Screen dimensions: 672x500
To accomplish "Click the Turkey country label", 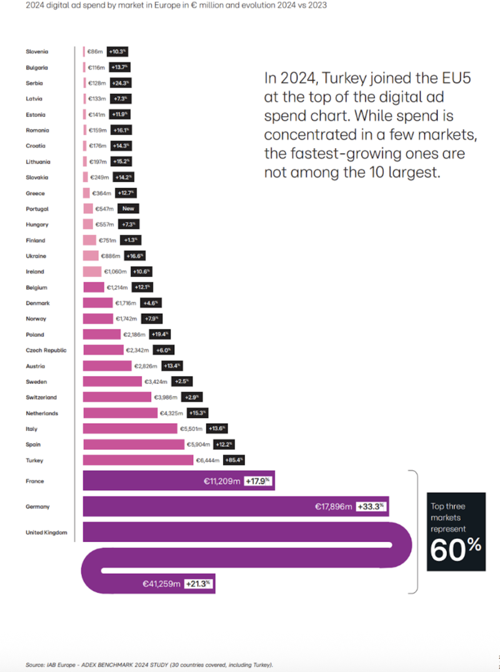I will pos(34,460).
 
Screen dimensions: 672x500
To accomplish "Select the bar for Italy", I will pos(130,429).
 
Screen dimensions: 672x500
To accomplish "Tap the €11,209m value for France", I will pos(222,481).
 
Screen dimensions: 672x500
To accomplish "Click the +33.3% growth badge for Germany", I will pos(372,506).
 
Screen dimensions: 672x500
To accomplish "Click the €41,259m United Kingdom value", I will pos(161,584).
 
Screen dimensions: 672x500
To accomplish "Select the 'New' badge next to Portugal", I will pos(128,209).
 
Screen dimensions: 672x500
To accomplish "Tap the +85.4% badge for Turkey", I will pos(234,460).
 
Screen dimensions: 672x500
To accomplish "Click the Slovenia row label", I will pos(37,52).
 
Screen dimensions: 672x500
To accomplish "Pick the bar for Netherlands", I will pos(120,413).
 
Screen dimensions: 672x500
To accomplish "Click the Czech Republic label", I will pos(46,350).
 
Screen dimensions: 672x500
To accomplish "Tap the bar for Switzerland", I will pos(117,397).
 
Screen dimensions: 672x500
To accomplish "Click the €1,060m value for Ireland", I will pos(115,272).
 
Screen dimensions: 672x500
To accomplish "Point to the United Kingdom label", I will pos(46,532).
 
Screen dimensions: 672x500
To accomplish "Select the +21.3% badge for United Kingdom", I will pos(199,584).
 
